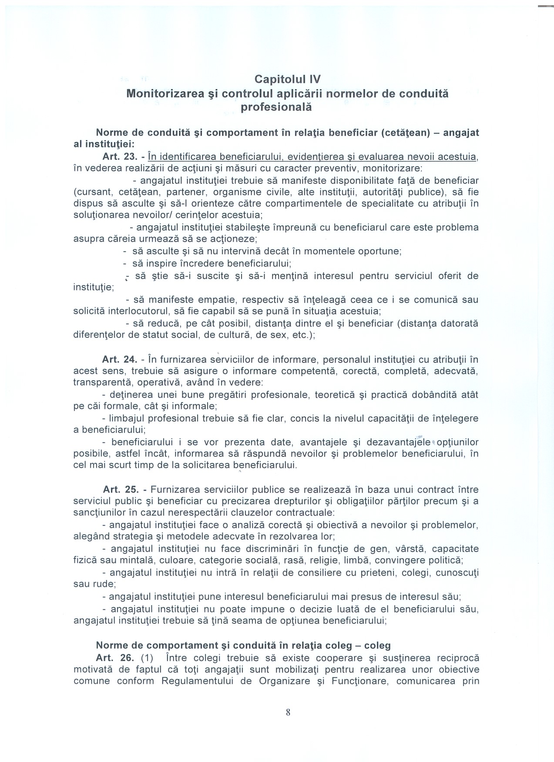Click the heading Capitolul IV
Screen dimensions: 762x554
pyautogui.click(x=287, y=80)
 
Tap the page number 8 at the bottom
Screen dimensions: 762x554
pyautogui.click(x=288, y=712)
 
